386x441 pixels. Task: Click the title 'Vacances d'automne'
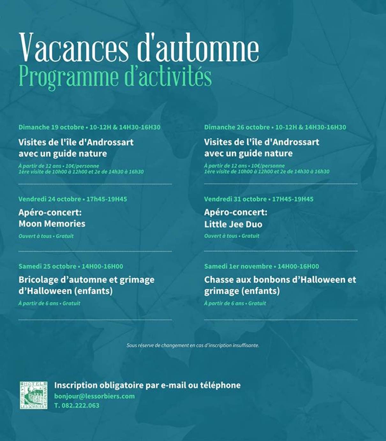[139, 47]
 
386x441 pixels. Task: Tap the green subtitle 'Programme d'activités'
[115, 77]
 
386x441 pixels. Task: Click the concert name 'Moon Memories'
[52, 224]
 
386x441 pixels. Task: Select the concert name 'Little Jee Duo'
[233, 224]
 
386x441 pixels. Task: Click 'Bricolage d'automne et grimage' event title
[86, 280]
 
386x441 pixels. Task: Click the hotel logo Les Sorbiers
[33, 395]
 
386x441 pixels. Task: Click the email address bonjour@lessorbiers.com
[94, 396]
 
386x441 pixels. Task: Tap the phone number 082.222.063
[77, 406]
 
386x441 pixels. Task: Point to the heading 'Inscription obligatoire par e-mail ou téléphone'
[147, 385]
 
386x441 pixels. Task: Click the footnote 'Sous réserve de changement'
[193, 345]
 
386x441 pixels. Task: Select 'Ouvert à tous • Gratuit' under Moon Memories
[46, 236]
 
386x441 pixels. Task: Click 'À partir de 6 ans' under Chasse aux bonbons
[224, 303]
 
